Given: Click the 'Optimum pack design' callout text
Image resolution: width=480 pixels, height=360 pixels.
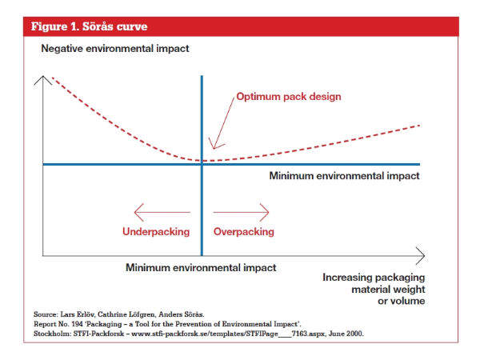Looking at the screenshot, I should [x=289, y=97].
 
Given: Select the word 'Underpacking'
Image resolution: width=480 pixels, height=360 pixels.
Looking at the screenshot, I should [x=156, y=232].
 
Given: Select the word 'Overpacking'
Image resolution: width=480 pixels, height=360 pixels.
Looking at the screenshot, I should [x=244, y=232].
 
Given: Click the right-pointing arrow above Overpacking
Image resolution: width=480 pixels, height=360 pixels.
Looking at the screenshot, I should [x=242, y=212].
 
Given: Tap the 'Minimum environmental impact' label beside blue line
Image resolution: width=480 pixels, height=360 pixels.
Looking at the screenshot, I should [x=344, y=175].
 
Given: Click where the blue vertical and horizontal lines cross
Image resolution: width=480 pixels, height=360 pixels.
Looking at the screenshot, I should [x=202, y=165].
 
